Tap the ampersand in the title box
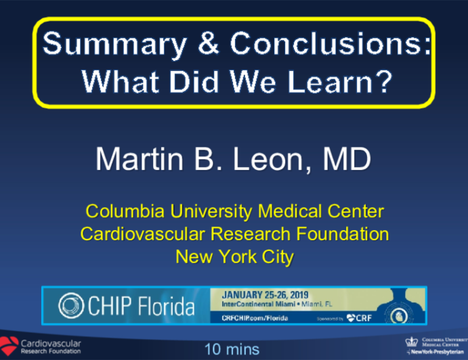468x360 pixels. (x=209, y=45)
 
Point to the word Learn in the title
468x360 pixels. (x=319, y=81)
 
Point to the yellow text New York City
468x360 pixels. (x=234, y=256)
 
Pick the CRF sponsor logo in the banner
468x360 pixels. (x=361, y=317)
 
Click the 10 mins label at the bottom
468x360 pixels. (x=232, y=350)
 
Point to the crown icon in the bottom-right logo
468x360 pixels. (x=412, y=342)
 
